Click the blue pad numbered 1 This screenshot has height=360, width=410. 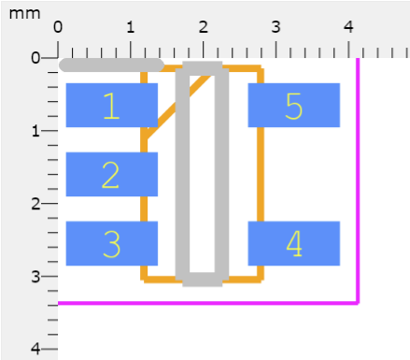(x=112, y=105)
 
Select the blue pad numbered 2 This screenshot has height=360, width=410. (x=112, y=174)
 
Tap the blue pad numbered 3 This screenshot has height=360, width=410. (x=112, y=243)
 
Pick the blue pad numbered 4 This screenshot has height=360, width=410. (x=294, y=243)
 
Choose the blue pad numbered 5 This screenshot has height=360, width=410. (x=294, y=105)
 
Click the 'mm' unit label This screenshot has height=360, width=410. (x=25, y=14)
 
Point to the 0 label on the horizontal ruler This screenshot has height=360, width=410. (x=58, y=27)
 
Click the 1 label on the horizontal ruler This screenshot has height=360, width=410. (x=131, y=27)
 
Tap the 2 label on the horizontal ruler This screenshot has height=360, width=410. (x=204, y=27)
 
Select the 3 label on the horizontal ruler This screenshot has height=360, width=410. (x=276, y=27)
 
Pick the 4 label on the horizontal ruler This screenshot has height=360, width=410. (x=348, y=27)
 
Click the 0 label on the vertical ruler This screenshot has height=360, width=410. (x=35, y=58)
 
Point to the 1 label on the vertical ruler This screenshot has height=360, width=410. (x=36, y=131)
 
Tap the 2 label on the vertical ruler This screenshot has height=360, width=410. (x=35, y=204)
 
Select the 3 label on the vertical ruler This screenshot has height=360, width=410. (x=35, y=277)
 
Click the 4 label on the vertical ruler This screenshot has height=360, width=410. (x=35, y=349)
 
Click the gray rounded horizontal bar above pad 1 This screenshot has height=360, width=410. (x=111, y=65)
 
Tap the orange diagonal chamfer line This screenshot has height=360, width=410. (x=177, y=105)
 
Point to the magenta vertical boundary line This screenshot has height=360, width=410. (x=358, y=180)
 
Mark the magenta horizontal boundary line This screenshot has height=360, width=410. (x=208, y=303)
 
